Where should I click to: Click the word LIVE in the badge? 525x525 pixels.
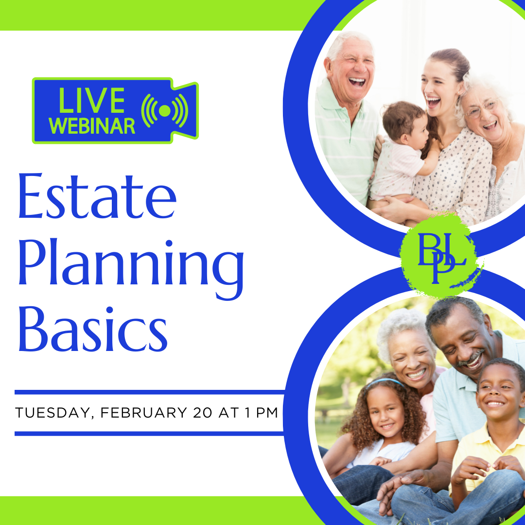pos(91,100)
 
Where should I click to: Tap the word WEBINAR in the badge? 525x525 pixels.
pos(92,126)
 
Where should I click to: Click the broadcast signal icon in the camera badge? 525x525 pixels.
pos(164,110)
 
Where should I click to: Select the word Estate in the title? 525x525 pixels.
pos(97,196)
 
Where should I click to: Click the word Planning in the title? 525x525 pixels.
pos(131,266)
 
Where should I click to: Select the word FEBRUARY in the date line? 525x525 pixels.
pos(143,413)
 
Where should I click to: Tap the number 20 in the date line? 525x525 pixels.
pos(203,413)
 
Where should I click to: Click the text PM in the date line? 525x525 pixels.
pos(267,413)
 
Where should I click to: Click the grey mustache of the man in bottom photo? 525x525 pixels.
pos(471,358)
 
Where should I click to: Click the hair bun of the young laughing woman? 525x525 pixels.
pos(450,59)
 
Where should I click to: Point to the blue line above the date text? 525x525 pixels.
pos(150,392)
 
